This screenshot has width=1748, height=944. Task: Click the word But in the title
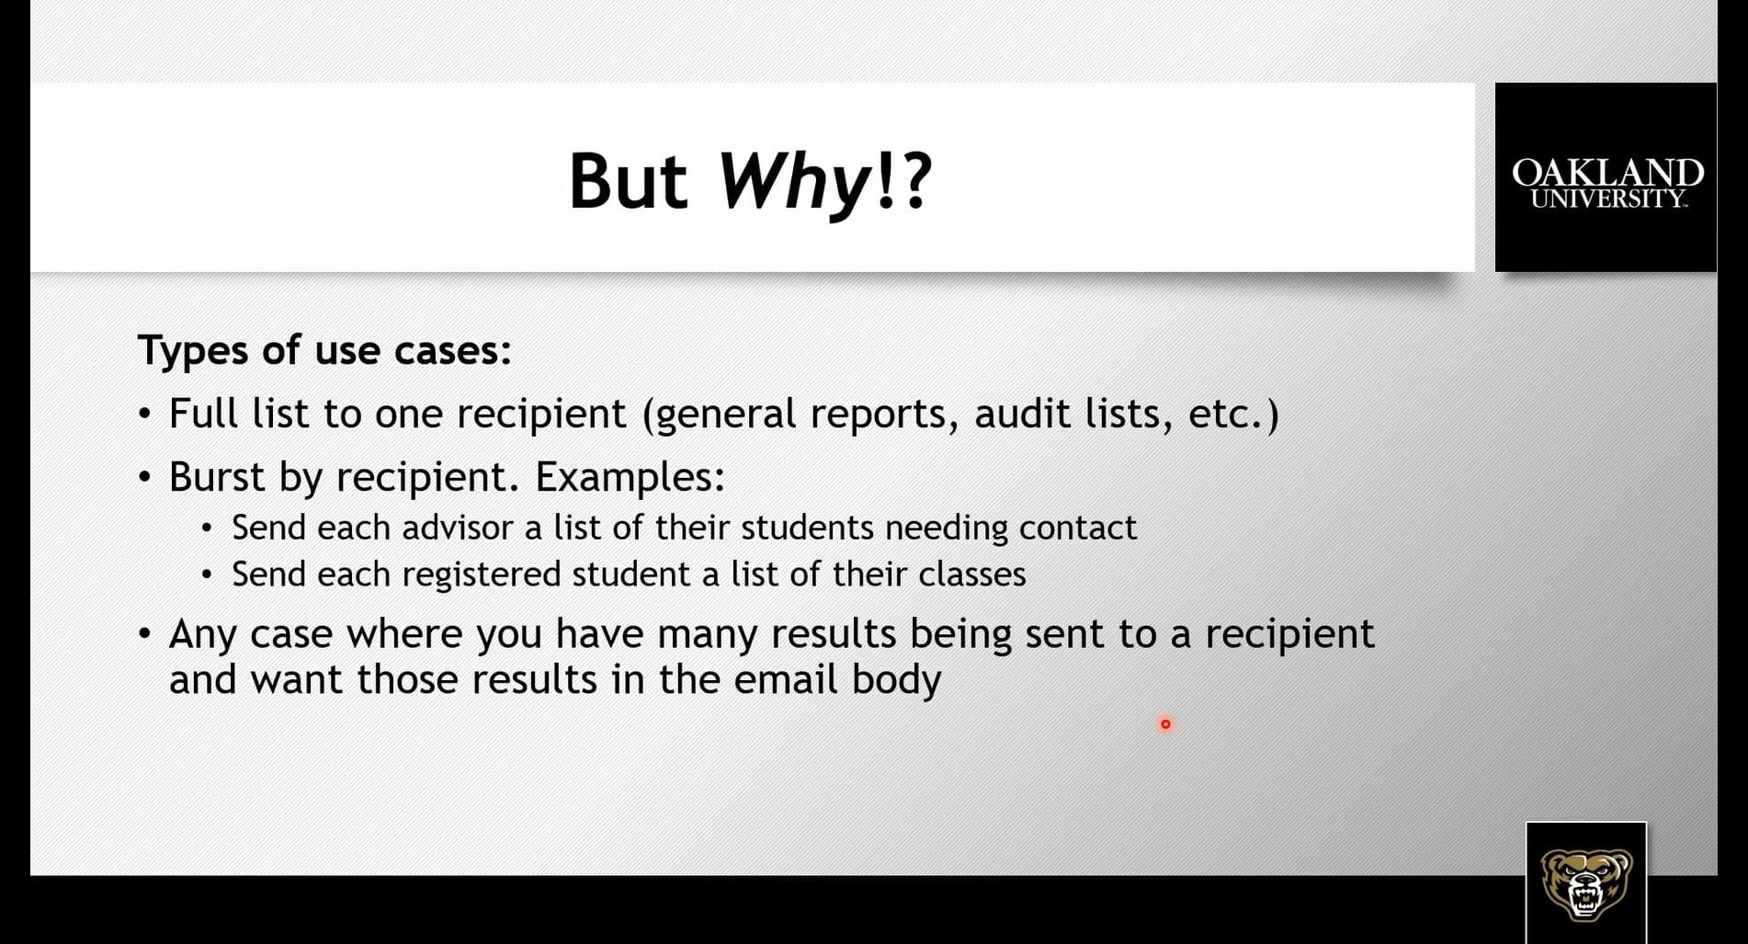(x=628, y=180)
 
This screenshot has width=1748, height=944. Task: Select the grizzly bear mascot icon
(x=1586, y=883)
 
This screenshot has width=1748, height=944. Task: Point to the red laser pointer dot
(x=1165, y=724)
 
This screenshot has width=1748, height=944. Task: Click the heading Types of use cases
(x=324, y=351)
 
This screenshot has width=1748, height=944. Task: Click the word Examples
(x=630, y=477)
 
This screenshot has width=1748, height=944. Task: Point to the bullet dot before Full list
(x=144, y=415)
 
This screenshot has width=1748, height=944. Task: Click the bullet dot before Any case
(x=144, y=634)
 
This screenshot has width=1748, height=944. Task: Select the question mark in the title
(x=915, y=180)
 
